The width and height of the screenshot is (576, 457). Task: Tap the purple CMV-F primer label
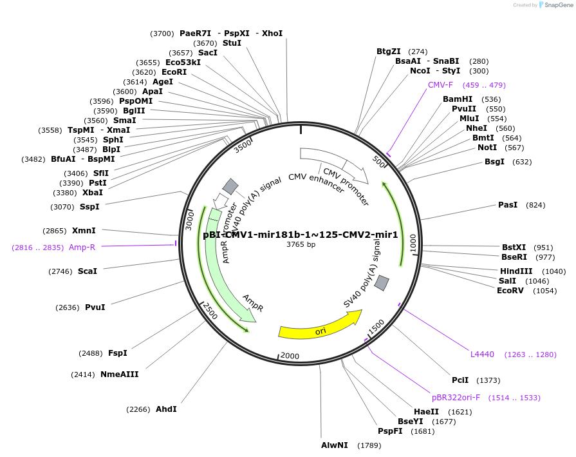(x=441, y=85)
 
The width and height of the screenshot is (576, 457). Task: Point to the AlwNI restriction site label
(x=335, y=445)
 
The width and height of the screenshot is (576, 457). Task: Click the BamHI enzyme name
(x=458, y=99)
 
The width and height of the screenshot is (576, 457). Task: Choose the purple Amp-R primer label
(x=82, y=247)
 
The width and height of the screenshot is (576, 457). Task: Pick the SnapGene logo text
(x=558, y=5)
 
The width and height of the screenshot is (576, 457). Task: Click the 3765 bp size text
(x=301, y=245)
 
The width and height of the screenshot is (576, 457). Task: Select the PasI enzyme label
(x=508, y=205)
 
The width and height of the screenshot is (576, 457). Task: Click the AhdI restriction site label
(x=166, y=409)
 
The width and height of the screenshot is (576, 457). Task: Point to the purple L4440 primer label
(x=483, y=355)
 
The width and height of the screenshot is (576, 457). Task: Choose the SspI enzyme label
(x=90, y=207)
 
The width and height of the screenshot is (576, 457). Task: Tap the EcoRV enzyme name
(x=510, y=291)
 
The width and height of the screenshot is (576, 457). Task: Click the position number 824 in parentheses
(x=535, y=205)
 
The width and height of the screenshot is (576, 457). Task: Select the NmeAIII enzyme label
(x=120, y=374)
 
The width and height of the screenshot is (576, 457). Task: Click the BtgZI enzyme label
(x=389, y=52)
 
